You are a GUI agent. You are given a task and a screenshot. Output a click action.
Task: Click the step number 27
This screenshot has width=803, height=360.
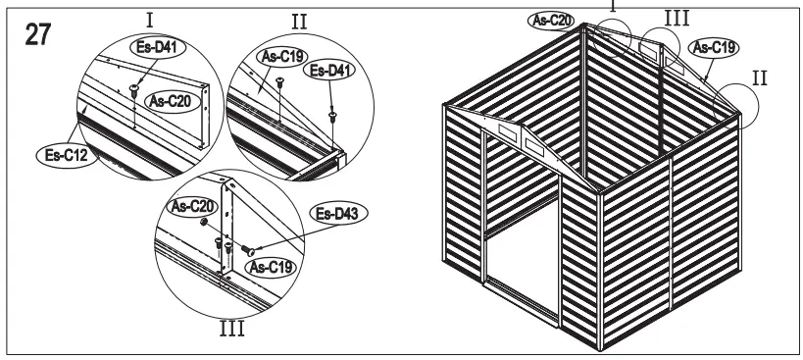(37, 32)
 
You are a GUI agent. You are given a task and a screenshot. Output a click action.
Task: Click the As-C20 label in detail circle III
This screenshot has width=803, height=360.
(190, 206)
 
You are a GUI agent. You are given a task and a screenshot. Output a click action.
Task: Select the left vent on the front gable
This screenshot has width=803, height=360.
(506, 132)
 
